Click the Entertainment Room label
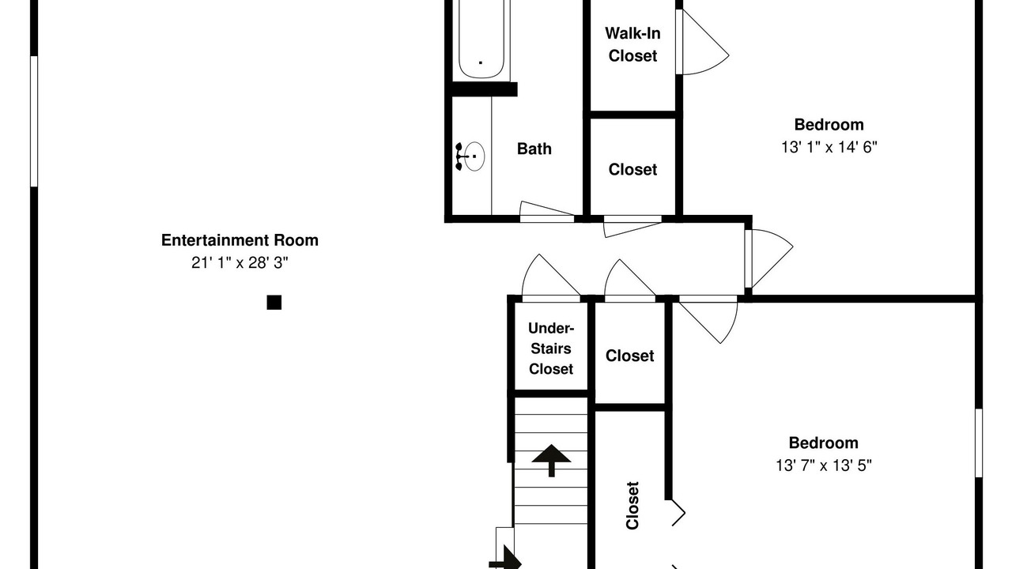(x=240, y=240)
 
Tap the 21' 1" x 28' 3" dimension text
(x=240, y=262)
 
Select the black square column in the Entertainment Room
(x=274, y=302)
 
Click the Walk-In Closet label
(x=632, y=44)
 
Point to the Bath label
(x=534, y=149)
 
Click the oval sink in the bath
(x=474, y=156)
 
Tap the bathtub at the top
(x=481, y=40)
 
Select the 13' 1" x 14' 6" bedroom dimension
(x=829, y=147)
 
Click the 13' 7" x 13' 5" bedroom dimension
(x=824, y=465)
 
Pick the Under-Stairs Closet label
(x=551, y=349)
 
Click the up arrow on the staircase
(x=551, y=460)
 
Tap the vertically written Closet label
(x=632, y=505)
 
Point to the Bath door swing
(x=546, y=209)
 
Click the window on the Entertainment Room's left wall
(x=34, y=121)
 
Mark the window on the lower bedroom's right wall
(x=979, y=443)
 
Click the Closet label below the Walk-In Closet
(x=632, y=170)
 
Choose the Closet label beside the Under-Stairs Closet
(x=630, y=356)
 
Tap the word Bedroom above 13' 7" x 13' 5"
(x=824, y=443)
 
